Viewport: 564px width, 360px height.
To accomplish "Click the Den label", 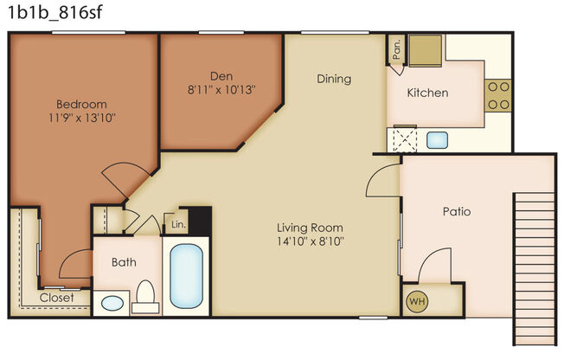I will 221,75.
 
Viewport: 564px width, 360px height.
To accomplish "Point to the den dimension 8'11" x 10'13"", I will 221,88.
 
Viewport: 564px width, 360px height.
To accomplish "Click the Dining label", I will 334,79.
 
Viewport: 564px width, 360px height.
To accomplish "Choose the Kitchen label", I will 428,92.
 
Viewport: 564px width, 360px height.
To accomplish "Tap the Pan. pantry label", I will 394,48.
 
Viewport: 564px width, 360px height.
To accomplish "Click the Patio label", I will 456,210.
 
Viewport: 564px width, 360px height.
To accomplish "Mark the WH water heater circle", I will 416,302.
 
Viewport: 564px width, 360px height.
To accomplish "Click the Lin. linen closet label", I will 179,224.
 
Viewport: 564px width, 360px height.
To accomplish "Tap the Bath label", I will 120,261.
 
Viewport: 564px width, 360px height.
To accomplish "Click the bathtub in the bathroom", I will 187,276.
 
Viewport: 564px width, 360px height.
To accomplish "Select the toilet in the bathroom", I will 144,297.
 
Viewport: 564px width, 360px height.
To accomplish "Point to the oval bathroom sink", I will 111,304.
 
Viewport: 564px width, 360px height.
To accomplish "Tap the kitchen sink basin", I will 436,138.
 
